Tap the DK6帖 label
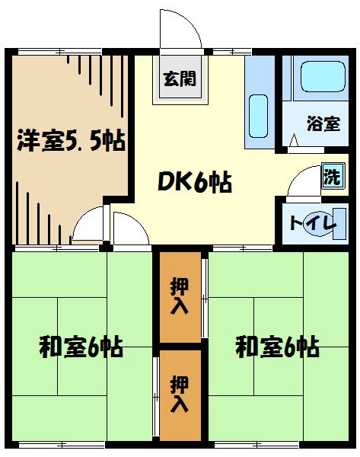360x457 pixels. click(194, 182)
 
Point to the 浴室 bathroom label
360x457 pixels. click(323, 123)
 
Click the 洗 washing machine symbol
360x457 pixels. click(331, 178)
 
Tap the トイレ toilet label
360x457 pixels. click(312, 223)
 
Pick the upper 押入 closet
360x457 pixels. click(180, 297)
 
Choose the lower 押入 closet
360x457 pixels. click(180, 395)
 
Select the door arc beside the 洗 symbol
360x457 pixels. click(304, 183)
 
